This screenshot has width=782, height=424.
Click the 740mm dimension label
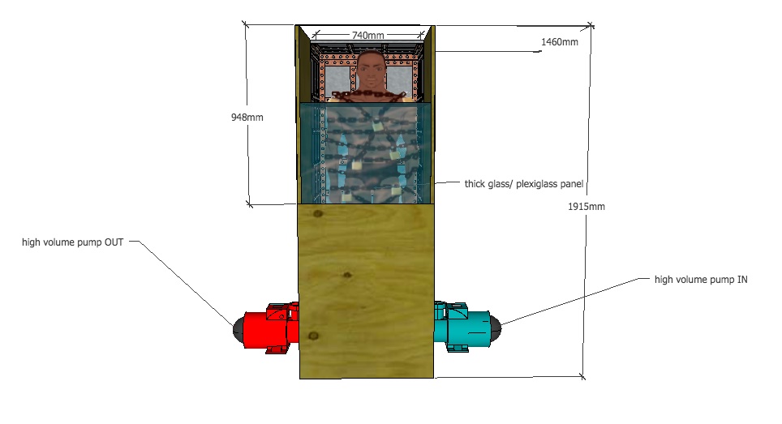(x=368, y=36)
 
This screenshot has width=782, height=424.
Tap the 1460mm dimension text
(x=560, y=42)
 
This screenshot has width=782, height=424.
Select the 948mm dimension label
(x=247, y=117)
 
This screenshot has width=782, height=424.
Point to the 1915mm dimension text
(x=586, y=206)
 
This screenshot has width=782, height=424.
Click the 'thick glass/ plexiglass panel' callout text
(x=524, y=184)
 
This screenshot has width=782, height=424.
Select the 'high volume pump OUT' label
(x=72, y=242)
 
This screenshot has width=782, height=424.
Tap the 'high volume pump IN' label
(x=701, y=280)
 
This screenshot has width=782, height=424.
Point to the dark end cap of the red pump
(x=238, y=329)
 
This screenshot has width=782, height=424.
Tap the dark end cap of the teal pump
(x=496, y=328)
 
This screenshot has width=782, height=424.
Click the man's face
(x=371, y=70)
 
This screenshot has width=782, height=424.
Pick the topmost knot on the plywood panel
(x=318, y=214)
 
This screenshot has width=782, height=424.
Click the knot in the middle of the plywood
(x=347, y=275)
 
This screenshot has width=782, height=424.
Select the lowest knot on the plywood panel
(x=313, y=336)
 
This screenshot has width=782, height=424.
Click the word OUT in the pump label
(x=114, y=242)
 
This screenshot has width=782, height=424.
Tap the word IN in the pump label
(x=742, y=280)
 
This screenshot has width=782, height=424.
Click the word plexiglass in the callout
(x=536, y=184)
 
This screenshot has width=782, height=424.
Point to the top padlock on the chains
(x=377, y=125)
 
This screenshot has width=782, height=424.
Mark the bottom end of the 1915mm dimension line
(x=582, y=377)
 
